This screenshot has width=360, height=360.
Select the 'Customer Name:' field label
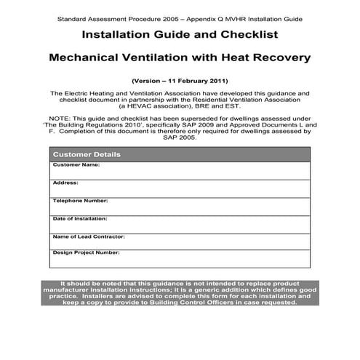[76, 165]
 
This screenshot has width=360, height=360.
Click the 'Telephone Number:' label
[80, 200]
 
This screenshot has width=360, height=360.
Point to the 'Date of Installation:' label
[80, 218]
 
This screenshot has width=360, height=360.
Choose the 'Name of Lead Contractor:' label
[89, 236]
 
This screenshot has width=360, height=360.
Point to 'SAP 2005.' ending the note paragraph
[180, 138]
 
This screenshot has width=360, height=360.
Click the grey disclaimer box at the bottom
[180, 293]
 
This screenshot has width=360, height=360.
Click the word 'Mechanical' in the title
[91, 57]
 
